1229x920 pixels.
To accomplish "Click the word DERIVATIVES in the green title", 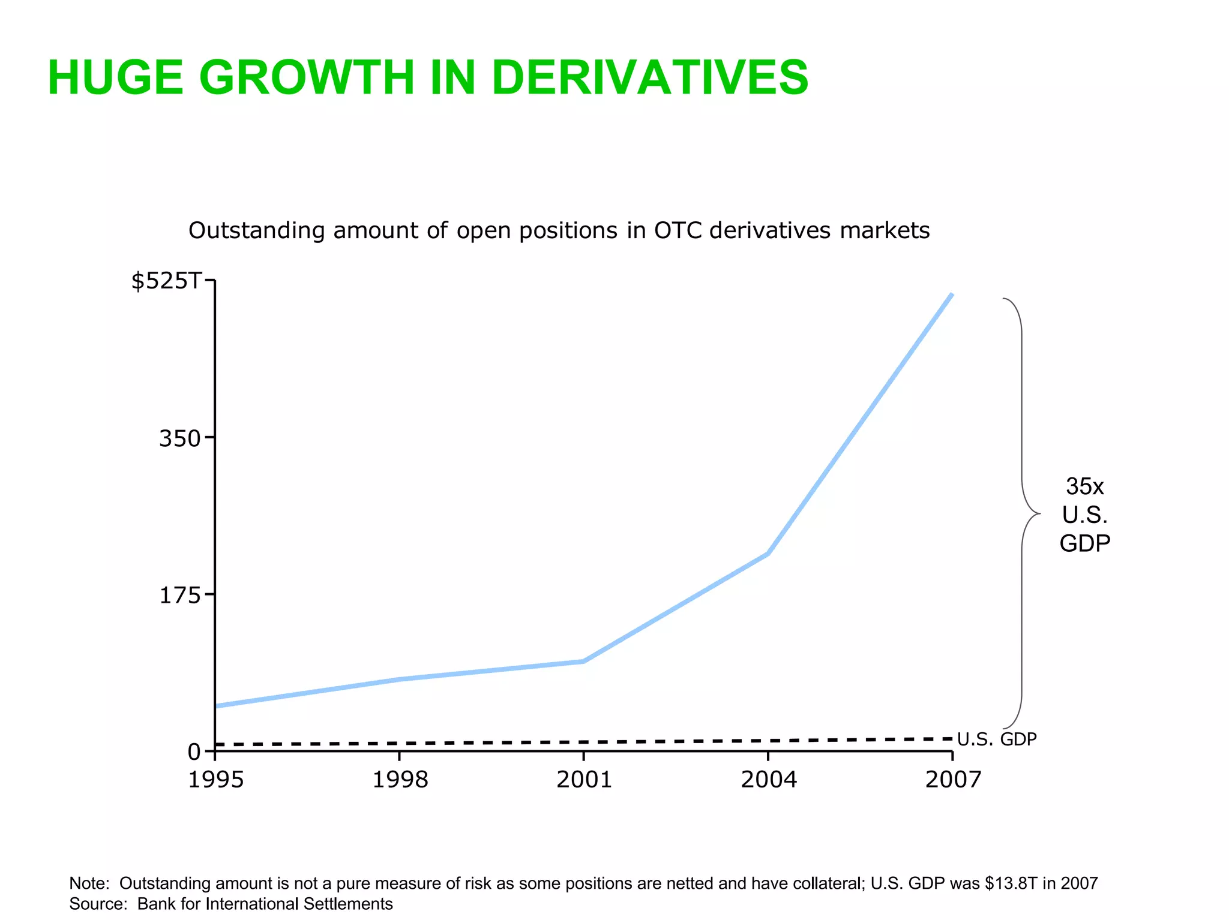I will click(x=650, y=78).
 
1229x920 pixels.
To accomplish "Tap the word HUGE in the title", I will click(x=115, y=78).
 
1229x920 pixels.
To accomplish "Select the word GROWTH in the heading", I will click(x=306, y=78).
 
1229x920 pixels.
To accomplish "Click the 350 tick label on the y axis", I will click(x=179, y=439).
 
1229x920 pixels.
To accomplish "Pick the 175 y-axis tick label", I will click(x=179, y=596).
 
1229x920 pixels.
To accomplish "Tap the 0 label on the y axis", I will click(x=194, y=752).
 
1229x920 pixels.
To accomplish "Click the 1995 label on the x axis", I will click(x=216, y=780).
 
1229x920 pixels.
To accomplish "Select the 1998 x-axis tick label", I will click(x=400, y=780).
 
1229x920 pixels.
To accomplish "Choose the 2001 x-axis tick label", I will click(x=584, y=780).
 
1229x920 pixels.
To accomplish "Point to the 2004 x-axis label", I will click(x=769, y=780).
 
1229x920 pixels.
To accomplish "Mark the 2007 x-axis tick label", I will click(x=953, y=780).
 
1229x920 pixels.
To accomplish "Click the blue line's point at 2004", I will click(x=768, y=554).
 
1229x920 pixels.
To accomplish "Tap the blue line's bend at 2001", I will click(x=584, y=662).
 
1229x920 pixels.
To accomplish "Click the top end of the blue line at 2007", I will click(x=952, y=294).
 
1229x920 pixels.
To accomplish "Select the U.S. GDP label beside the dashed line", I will click(x=997, y=739).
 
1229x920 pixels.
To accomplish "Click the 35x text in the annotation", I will click(x=1084, y=486).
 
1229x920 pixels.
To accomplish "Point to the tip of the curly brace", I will click(x=1039, y=514).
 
